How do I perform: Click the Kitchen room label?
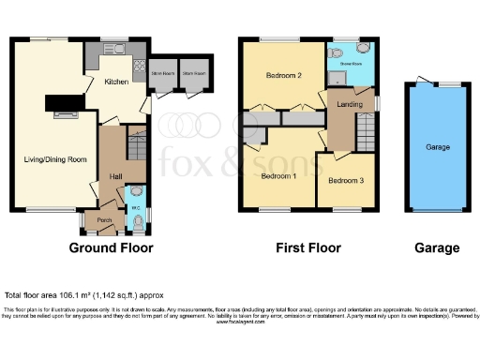tap(116, 82)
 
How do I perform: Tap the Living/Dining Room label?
tap(55, 159)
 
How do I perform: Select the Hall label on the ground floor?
tap(115, 175)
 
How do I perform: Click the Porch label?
tap(104, 222)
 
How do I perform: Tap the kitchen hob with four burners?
tap(140, 67)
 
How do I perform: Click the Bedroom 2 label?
tap(282, 76)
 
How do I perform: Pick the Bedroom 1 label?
tap(278, 176)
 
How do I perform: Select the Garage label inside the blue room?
tap(438, 148)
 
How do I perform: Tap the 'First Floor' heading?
tap(307, 248)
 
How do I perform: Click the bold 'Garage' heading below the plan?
tap(438, 248)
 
